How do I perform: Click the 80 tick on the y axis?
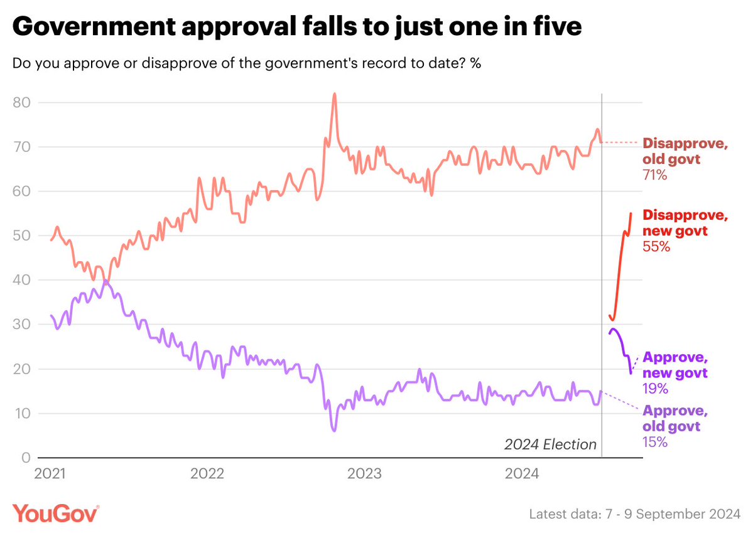click(21, 102)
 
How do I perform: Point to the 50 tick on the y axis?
click(21, 235)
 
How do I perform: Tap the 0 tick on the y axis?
click(26, 458)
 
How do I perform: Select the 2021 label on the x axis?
click(50, 474)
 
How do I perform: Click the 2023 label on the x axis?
click(364, 474)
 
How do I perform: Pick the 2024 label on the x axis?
click(521, 474)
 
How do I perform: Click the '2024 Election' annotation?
click(550, 444)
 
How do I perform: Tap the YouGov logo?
click(56, 514)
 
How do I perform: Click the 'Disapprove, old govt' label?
click(685, 151)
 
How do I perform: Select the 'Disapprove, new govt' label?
click(685, 223)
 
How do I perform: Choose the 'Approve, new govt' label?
click(674, 365)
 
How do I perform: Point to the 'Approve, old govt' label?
click(674, 418)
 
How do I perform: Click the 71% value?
click(654, 175)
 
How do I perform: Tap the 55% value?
click(656, 247)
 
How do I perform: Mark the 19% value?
click(655, 389)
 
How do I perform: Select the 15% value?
click(655, 442)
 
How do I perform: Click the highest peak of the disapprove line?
click(335, 94)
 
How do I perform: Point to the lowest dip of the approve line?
click(334, 431)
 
